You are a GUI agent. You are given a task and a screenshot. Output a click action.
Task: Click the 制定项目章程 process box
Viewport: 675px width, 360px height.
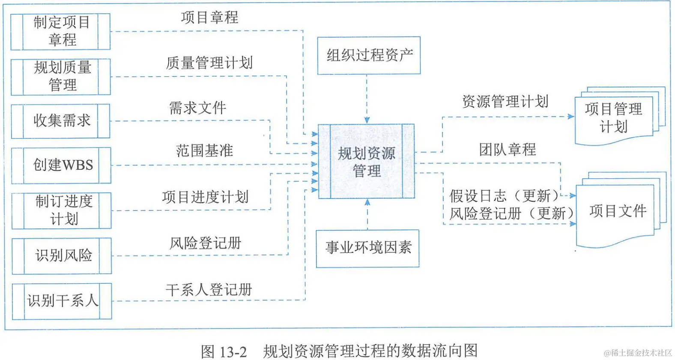61,31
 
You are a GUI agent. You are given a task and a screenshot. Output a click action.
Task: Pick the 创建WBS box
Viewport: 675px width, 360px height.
62,165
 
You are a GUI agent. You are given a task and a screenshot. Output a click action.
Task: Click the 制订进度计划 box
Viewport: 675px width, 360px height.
62,210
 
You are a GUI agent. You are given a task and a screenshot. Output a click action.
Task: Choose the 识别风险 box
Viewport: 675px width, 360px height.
63,255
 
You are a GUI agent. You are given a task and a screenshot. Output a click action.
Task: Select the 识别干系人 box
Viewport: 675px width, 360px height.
63,301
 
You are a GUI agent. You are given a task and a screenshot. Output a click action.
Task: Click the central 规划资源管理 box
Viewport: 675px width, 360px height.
366,162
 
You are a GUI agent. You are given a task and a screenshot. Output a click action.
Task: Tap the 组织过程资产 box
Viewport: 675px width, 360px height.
369,55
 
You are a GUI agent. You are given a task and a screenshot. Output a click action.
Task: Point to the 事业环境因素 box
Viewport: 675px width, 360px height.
367,248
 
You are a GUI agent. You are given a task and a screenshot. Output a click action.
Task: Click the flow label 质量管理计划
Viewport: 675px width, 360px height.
209,63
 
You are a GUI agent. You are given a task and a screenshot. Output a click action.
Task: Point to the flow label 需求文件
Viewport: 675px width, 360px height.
197,108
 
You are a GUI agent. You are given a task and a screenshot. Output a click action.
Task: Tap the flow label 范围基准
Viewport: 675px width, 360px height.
204,150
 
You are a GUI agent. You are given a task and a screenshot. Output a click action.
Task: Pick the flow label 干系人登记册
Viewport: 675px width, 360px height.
209,290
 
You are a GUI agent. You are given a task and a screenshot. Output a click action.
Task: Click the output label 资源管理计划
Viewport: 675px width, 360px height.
505,102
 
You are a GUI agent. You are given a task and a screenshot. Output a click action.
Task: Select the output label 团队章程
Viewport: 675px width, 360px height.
507,149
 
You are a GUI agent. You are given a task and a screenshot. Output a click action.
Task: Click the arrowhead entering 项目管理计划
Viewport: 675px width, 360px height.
571,116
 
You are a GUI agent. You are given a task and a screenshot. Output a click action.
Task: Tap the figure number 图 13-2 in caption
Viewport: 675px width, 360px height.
224,352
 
